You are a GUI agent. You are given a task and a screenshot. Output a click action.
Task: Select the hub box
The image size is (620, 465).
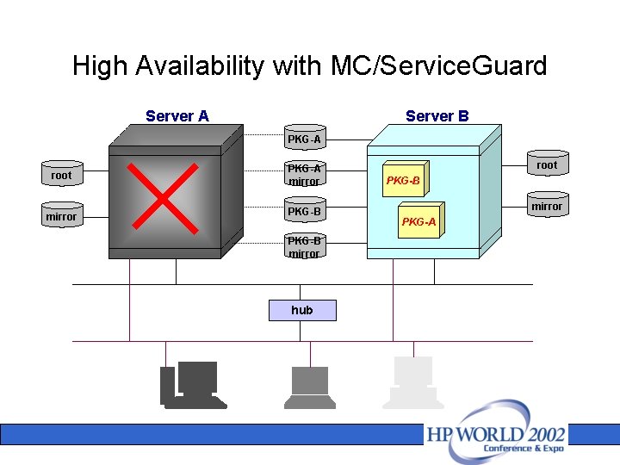point(302,310)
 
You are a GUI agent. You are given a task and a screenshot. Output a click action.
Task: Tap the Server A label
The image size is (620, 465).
point(177,116)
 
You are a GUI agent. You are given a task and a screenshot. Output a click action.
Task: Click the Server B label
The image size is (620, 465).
point(437,116)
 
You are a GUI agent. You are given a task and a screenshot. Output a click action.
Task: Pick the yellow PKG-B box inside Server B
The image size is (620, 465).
point(403,181)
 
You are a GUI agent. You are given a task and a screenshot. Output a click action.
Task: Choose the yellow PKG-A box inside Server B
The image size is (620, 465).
point(419,221)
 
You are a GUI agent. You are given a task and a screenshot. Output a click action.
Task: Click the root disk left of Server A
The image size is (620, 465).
point(61,175)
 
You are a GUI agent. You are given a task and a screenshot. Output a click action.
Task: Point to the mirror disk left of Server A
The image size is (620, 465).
point(61,216)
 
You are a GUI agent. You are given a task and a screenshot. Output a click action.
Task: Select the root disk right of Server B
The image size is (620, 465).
point(547,164)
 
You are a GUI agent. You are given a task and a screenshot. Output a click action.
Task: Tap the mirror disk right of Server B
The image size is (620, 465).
point(547,206)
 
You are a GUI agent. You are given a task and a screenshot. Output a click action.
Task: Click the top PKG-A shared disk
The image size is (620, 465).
point(305,139)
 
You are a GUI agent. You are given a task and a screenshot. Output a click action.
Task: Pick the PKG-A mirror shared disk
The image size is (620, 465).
point(305,175)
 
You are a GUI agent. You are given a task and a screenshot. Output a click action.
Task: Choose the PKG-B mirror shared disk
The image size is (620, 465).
point(305,247)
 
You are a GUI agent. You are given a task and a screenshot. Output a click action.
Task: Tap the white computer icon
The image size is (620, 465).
point(412,383)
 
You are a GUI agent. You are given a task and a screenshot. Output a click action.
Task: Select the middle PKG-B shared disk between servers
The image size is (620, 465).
point(305,211)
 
